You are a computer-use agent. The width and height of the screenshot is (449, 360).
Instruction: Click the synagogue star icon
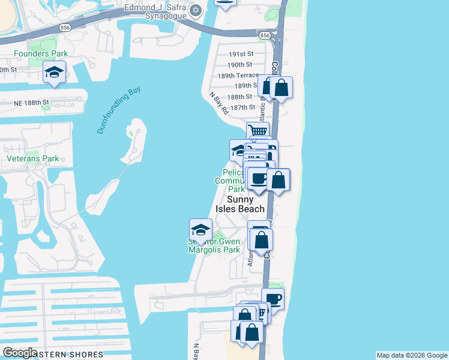tap(196, 10)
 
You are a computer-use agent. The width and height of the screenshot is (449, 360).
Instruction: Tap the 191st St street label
tap(241, 53)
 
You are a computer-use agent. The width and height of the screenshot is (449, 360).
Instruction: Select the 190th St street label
tap(240, 64)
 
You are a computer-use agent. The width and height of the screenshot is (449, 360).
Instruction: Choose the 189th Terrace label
tap(238, 75)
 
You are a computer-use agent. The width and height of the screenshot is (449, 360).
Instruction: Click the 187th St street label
tap(243, 107)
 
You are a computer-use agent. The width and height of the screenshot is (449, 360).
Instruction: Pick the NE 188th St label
tap(31, 103)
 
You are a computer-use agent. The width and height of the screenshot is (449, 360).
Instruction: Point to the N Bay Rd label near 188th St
tap(219, 103)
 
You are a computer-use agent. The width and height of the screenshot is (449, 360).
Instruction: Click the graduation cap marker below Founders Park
tap(54, 73)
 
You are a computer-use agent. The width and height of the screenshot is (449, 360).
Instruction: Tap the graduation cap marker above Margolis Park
tap(200, 229)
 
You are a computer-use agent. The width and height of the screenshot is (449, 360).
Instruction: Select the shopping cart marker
tap(258, 131)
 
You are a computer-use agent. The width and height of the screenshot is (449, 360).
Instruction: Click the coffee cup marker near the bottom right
tap(273, 298)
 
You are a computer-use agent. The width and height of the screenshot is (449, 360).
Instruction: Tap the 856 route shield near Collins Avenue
tap(265, 36)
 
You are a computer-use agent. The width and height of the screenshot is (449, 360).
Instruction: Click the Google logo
tap(19, 353)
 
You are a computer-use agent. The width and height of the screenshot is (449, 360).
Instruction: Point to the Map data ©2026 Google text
tap(412, 355)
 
